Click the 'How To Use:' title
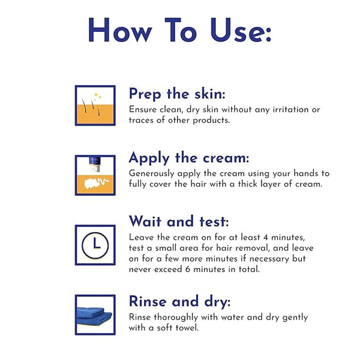(180, 30)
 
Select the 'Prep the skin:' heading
(177, 94)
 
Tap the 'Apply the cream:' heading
(189, 158)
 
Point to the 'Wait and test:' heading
(179, 221)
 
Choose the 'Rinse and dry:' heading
(179, 301)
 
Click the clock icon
(95, 245)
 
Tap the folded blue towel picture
(94, 316)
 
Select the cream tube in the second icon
(95, 164)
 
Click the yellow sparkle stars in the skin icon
(98, 96)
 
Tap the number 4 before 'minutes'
(266, 238)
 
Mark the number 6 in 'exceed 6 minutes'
(188, 269)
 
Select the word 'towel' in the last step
(187, 328)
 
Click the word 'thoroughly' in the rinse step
(176, 317)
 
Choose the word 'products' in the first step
(211, 121)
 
